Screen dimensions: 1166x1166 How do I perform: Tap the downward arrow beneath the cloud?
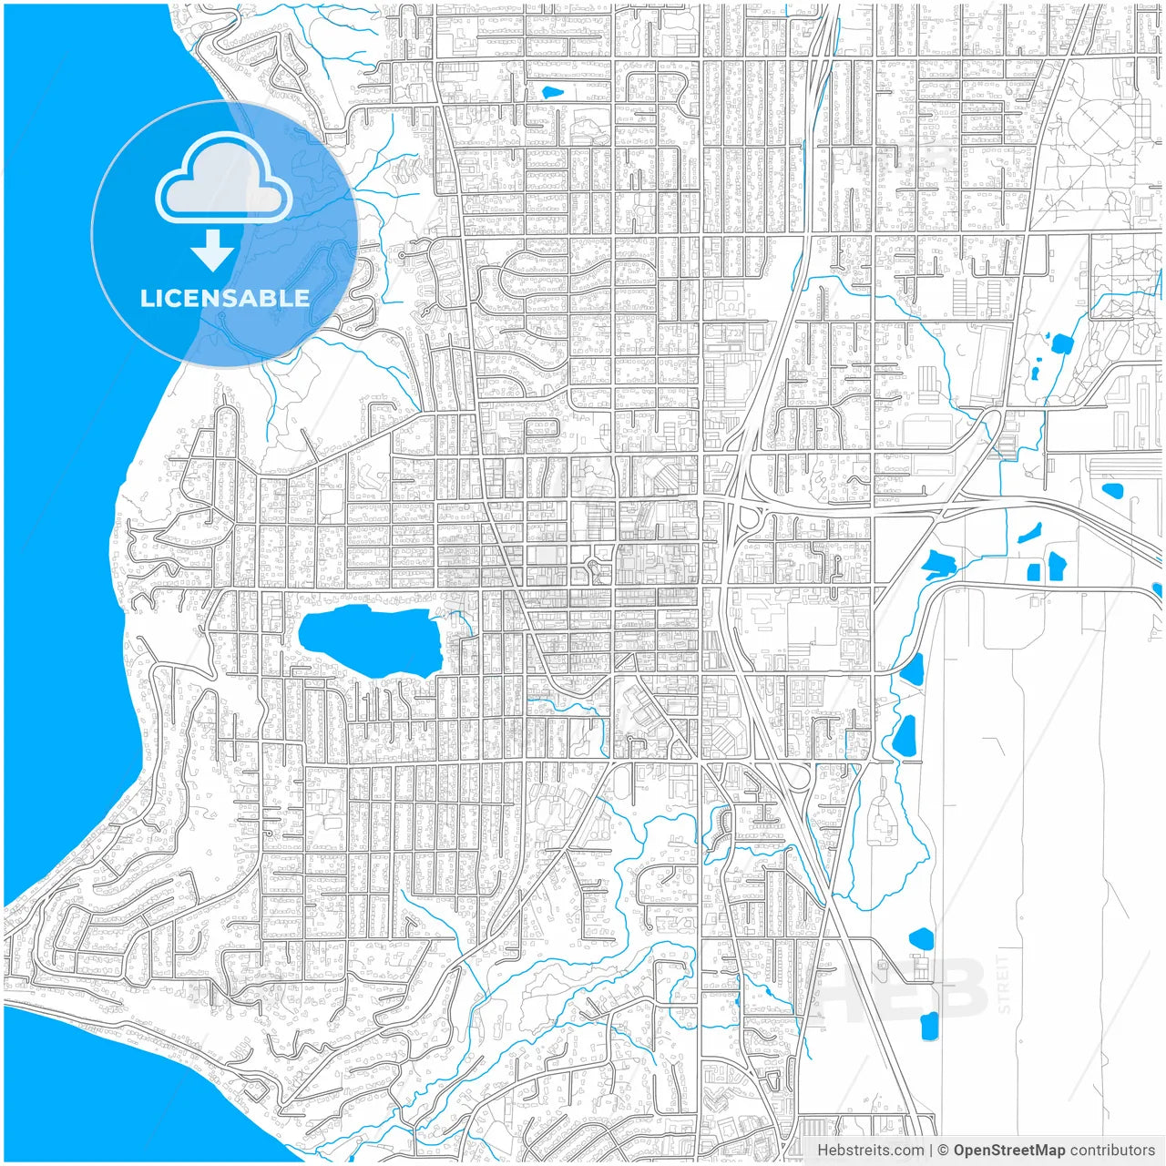point(213,251)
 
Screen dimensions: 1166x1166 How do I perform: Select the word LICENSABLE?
point(224,298)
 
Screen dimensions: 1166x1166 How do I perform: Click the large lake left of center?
point(369,641)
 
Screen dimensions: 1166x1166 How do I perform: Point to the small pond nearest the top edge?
point(552,92)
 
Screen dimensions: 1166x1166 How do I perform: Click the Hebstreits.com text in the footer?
point(870,1151)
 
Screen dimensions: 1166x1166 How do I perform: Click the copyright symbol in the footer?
point(943,1151)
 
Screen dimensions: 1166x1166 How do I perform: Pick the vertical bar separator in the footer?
point(930,1151)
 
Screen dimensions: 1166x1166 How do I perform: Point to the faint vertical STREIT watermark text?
point(1004,984)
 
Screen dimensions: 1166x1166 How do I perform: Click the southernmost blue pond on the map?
point(929,1026)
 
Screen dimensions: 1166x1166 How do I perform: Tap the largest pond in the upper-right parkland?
point(1062,343)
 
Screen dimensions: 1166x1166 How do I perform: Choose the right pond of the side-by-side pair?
point(1057,566)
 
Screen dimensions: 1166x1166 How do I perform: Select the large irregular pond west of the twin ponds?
point(936,565)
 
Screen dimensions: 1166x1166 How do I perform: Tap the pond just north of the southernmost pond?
point(922,937)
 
